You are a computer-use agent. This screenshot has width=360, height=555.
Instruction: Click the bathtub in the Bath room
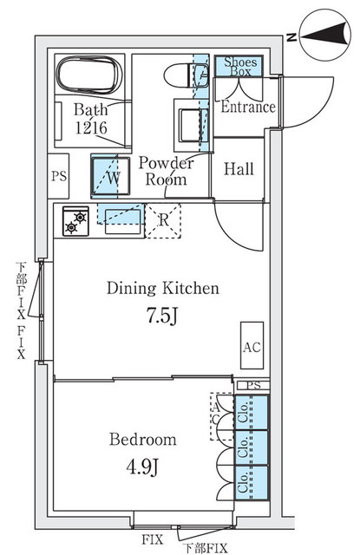click(x=89, y=75)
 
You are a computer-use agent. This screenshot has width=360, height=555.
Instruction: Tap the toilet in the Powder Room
click(x=187, y=75)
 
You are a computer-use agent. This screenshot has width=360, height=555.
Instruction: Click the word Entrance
click(x=248, y=107)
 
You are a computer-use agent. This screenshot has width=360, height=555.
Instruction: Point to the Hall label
click(x=239, y=169)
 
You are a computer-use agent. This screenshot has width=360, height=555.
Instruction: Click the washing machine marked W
click(x=111, y=176)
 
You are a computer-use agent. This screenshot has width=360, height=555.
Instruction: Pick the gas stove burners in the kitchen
click(x=75, y=221)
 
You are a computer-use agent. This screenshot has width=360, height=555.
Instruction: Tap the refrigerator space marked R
click(x=163, y=220)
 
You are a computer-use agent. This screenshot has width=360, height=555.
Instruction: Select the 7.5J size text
click(x=162, y=315)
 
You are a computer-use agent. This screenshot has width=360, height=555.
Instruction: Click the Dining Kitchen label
click(x=163, y=288)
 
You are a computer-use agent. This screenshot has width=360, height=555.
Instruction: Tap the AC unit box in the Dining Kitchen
click(x=252, y=345)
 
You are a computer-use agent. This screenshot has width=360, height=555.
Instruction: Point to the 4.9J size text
click(x=142, y=467)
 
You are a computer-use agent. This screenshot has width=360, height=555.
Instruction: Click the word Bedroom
click(x=142, y=440)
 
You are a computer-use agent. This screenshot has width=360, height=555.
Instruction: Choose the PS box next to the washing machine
click(x=58, y=176)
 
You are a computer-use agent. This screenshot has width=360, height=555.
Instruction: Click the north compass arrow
click(x=324, y=36)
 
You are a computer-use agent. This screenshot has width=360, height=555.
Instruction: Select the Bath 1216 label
click(x=90, y=119)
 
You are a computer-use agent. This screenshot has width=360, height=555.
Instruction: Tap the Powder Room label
click(x=166, y=171)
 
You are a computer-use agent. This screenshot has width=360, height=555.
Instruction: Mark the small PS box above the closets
click(x=252, y=385)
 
